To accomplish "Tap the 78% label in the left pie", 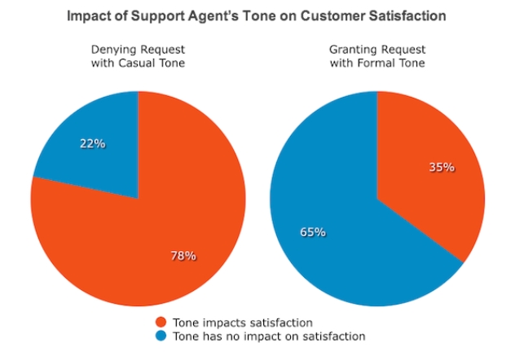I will (x=183, y=256).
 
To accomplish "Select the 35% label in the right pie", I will (x=441, y=168).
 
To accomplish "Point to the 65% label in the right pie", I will (x=312, y=232).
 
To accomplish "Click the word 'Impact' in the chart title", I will (x=89, y=15).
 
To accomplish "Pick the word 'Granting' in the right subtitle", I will (x=352, y=50).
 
